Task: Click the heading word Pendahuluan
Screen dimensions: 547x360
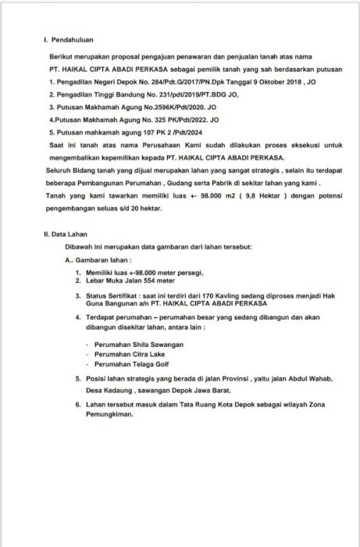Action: coord(74,39)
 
